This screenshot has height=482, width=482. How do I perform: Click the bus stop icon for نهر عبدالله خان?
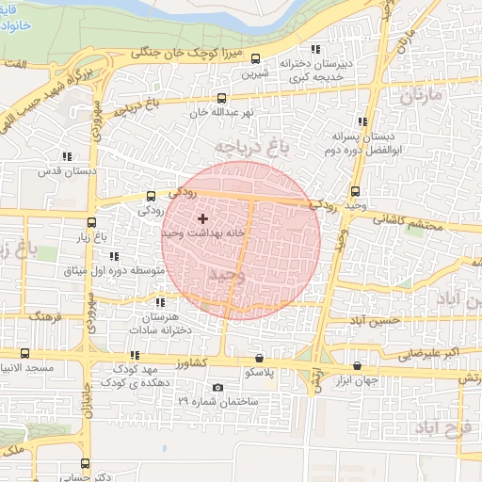(x=221, y=98)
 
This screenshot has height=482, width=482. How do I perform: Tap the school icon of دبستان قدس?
(x=66, y=156)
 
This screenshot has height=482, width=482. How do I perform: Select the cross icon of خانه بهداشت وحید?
(x=202, y=218)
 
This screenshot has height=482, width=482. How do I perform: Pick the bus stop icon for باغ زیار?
(x=91, y=223)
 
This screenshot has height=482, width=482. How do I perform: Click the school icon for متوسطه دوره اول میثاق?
(x=113, y=256)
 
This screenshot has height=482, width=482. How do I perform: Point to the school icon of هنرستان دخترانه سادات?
(x=159, y=302)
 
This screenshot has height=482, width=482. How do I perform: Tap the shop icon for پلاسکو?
(x=259, y=358)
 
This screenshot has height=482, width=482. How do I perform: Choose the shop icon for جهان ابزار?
(x=357, y=365)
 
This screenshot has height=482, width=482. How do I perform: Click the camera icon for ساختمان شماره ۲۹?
(x=218, y=387)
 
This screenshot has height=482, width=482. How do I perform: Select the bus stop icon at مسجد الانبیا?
(x=24, y=353)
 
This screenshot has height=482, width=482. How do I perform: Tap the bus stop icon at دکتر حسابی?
(x=86, y=463)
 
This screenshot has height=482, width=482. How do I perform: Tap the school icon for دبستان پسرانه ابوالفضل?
(x=362, y=121)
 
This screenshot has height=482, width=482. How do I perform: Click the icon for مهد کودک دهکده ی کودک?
(x=135, y=356)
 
